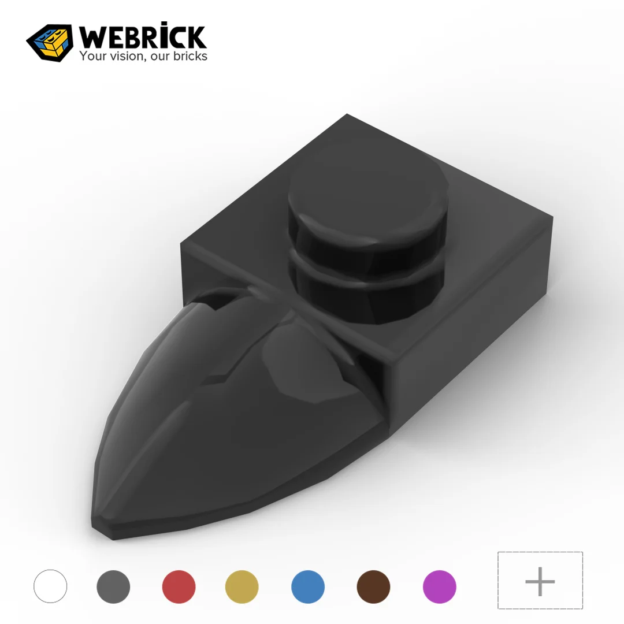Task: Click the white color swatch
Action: click(x=50, y=586)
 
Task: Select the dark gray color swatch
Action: click(x=113, y=586)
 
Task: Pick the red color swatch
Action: click(x=179, y=586)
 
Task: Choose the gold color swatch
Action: click(x=242, y=586)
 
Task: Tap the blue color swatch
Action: click(x=307, y=586)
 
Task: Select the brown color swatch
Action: click(x=373, y=586)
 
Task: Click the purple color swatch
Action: click(x=439, y=586)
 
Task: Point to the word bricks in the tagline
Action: click(x=189, y=56)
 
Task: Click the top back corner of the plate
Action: click(x=347, y=115)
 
